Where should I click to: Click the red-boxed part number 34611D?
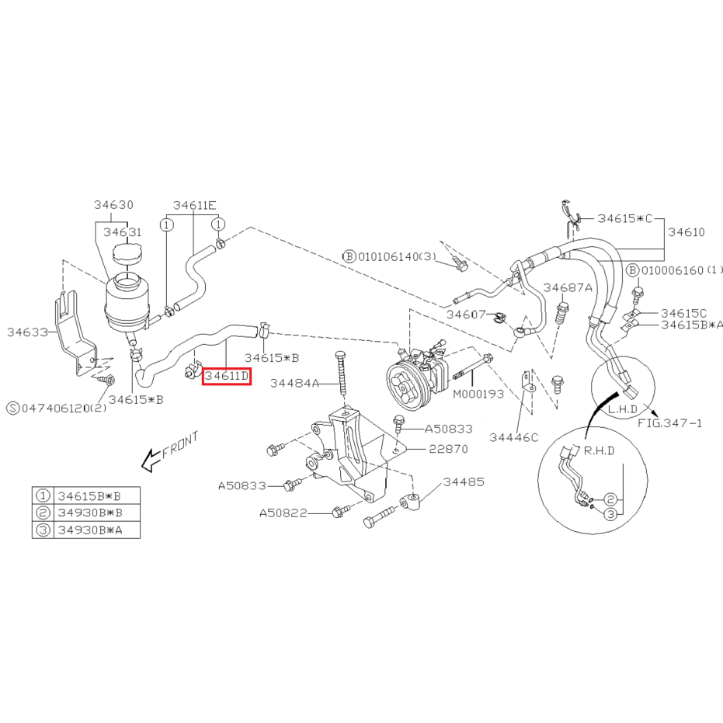[227, 376]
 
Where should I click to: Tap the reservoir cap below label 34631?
[127, 254]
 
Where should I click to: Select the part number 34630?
[113, 205]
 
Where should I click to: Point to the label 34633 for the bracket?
[27, 332]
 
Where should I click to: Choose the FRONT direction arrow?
[151, 461]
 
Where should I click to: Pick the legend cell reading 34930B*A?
[90, 530]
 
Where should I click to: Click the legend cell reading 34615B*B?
[89, 496]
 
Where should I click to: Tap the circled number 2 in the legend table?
[43, 513]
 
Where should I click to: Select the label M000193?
[478, 395]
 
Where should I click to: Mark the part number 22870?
[448, 449]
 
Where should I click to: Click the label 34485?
[464, 481]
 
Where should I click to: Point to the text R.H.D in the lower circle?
[599, 451]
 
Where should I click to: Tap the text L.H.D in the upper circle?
[623, 409]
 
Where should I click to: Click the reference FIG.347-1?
[670, 422]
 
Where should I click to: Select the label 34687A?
[568, 287]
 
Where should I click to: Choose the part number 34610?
[687, 232]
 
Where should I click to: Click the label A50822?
[283, 513]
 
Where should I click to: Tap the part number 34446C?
[513, 437]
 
